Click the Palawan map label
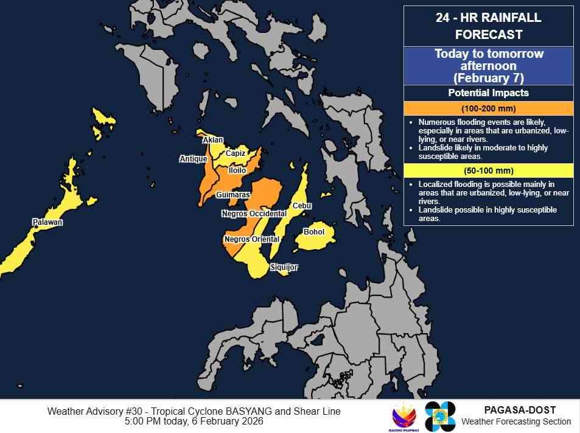tap(47, 223)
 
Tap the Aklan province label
tap(212, 140)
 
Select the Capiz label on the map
tap(236, 153)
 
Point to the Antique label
tap(190, 159)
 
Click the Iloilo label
tap(237, 171)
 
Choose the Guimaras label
tap(232, 195)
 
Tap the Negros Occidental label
tap(254, 214)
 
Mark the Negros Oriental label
tap(247, 239)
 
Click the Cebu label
tap(302, 206)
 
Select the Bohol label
tap(313, 232)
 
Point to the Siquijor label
tap(284, 267)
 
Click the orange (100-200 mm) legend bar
tap(488, 109)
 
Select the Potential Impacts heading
tap(488, 93)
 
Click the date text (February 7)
tap(488, 79)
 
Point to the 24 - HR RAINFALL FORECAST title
tap(488, 26)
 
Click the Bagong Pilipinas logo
tap(404, 416)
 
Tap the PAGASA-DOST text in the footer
tap(520, 410)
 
